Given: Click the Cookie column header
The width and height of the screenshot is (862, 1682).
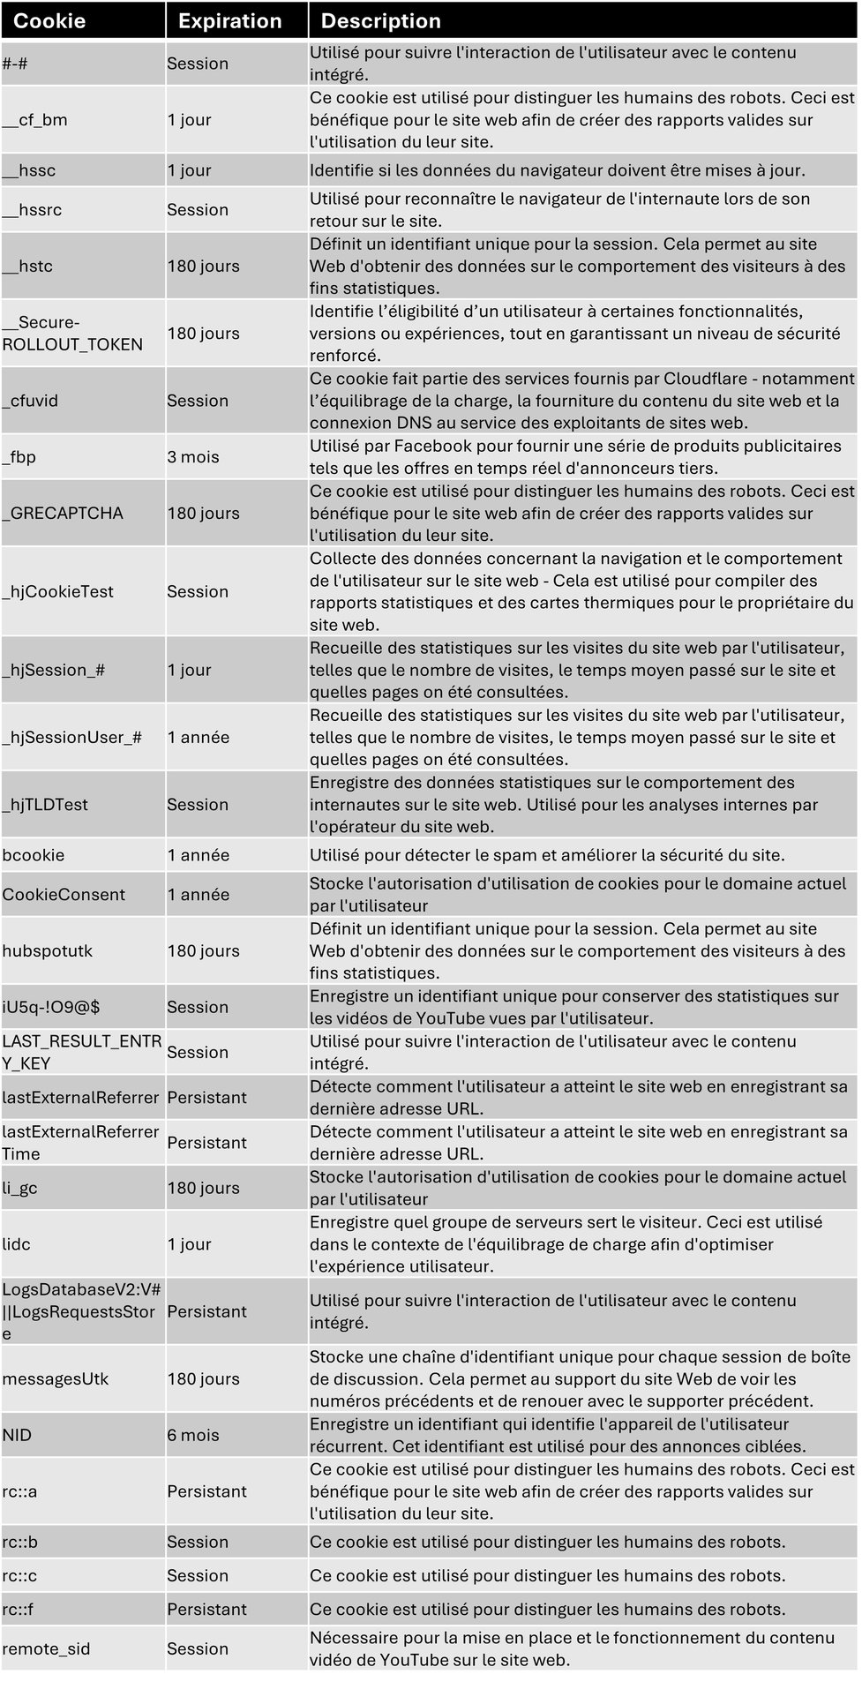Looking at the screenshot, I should click(x=49, y=21).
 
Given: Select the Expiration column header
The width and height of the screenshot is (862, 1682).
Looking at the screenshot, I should click(x=229, y=21).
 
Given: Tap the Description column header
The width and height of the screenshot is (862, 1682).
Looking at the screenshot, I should click(x=380, y=21).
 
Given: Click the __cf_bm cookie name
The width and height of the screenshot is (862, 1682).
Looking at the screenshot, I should click(x=34, y=120).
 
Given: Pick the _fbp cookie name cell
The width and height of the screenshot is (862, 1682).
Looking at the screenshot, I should click(x=19, y=457).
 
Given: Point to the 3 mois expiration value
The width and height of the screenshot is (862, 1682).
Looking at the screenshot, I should click(x=193, y=457).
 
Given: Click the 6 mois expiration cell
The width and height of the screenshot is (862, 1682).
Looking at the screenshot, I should click(x=193, y=1435).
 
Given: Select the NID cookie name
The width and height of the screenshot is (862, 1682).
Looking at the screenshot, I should click(x=17, y=1435).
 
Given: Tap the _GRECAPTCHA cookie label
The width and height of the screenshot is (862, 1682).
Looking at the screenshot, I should click(x=63, y=514).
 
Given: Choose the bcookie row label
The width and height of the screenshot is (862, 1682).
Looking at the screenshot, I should click(x=33, y=855).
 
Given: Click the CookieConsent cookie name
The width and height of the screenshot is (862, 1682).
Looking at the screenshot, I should click(x=64, y=895).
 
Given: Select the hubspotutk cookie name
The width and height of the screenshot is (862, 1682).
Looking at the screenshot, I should click(x=47, y=951).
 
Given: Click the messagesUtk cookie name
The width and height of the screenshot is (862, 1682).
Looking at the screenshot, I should click(x=55, y=1378).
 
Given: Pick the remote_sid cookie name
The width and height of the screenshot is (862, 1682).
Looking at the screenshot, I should click(x=46, y=1648).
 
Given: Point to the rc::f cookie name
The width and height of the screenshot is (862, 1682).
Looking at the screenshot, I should click(x=19, y=1609).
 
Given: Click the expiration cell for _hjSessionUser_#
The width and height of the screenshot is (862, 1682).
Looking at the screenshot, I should click(x=198, y=737).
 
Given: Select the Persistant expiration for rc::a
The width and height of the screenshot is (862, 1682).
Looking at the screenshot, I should click(x=206, y=1491).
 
